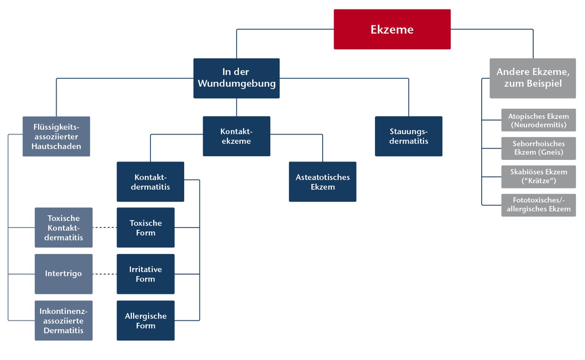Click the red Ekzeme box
pyautogui.click(x=392, y=29)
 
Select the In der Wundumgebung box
pyautogui.click(x=236, y=78)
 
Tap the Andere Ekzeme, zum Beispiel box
pyautogui.click(x=532, y=78)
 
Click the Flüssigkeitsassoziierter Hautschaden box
pyautogui.click(x=56, y=136)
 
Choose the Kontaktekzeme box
pyautogui.click(x=236, y=136)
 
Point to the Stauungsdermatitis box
pyautogui.click(x=408, y=136)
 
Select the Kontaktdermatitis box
pyautogui.click(x=150, y=182)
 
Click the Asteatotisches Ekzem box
pyautogui.click(x=322, y=182)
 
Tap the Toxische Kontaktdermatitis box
pyautogui.click(x=64, y=228)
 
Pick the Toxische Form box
pyautogui.click(x=145, y=228)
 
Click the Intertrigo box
pyautogui.click(x=64, y=274)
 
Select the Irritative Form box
pyautogui.click(x=145, y=274)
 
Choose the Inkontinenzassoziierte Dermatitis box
pyautogui.click(x=64, y=320)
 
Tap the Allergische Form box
pyautogui.click(x=145, y=320)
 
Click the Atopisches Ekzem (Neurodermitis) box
pyautogui.click(x=538, y=120)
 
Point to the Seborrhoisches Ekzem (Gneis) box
pyautogui.click(x=538, y=148)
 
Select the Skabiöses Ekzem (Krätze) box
pyautogui.click(x=538, y=177)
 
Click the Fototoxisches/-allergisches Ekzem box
pyautogui.click(x=538, y=205)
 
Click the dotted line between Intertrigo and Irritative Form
pyautogui.click(x=104, y=274)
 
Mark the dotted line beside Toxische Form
pyautogui.click(x=104, y=228)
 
